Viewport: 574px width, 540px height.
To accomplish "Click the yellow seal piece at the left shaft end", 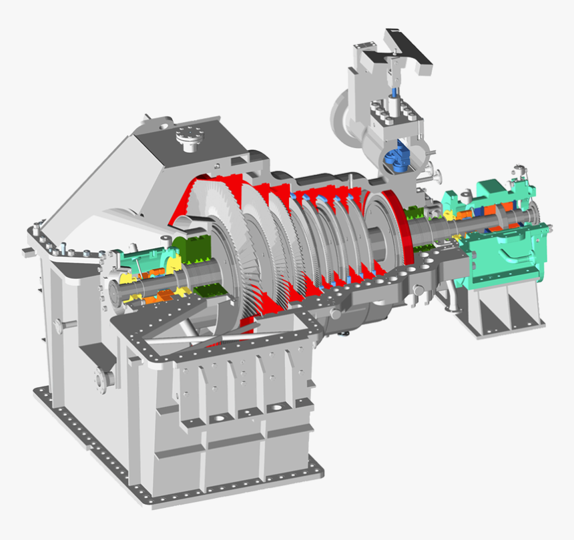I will point(127,280).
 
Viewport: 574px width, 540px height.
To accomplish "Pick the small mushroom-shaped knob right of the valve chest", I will point(437,177).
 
